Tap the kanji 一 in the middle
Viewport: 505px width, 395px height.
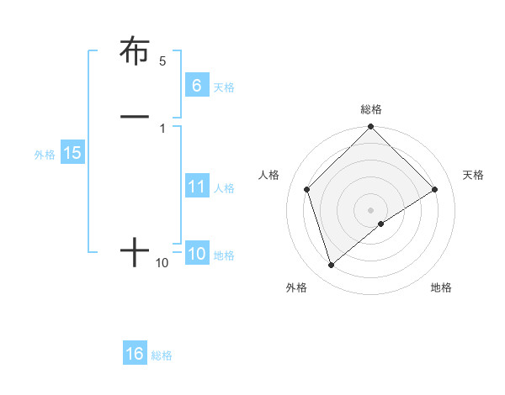click(135, 116)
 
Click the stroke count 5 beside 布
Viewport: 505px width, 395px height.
click(162, 61)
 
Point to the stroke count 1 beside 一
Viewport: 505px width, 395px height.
click(162, 128)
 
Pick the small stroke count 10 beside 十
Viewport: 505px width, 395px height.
click(162, 263)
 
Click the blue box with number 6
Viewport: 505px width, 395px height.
click(196, 86)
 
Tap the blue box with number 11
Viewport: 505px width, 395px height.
click(196, 187)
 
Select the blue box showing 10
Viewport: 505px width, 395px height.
click(196, 254)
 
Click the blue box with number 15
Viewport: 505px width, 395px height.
click(72, 153)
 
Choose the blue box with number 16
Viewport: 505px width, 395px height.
click(135, 354)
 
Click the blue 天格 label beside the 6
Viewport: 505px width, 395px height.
click(224, 87)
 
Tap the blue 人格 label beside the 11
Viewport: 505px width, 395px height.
click(224, 188)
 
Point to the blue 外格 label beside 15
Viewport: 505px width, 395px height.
click(45, 155)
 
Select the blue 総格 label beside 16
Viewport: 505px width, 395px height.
click(162, 355)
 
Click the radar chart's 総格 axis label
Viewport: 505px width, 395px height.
click(371, 109)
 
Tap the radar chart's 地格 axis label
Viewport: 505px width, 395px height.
click(441, 287)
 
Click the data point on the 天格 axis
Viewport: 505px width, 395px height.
click(435, 189)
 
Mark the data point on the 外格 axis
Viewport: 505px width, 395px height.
click(332, 266)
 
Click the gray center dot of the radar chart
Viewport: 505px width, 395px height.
click(371, 209)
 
